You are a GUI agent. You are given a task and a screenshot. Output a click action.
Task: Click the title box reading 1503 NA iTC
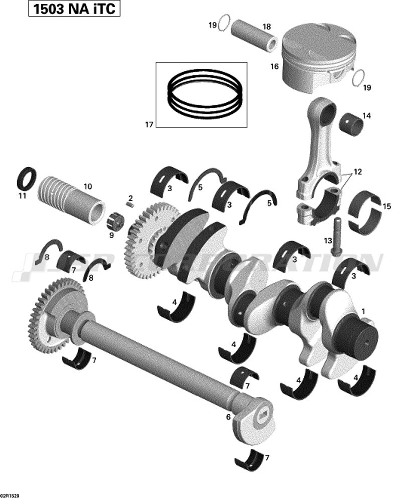point(74,9)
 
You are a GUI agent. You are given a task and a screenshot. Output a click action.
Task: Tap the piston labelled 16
point(316,58)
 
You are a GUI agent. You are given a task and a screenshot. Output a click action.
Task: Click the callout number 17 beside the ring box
point(149,125)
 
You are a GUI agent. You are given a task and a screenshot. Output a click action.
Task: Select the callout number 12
point(357,172)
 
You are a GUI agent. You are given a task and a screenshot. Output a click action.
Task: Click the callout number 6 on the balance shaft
point(228,416)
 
